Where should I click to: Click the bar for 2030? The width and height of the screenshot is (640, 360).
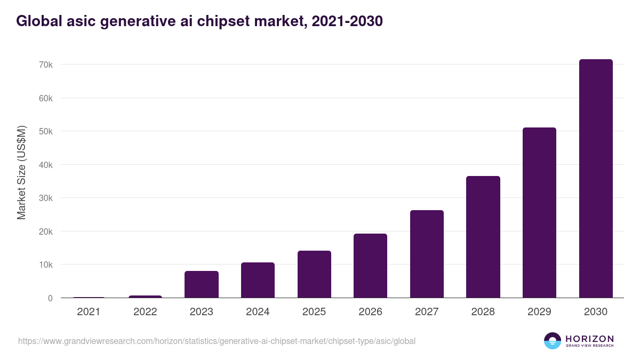[596, 179]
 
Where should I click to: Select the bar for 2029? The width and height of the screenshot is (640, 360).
[539, 213]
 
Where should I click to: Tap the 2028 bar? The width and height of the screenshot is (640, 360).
[483, 237]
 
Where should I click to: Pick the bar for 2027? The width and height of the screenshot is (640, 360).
[427, 254]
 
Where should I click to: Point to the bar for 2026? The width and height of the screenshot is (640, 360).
[370, 266]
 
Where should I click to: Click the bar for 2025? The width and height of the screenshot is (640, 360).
[314, 274]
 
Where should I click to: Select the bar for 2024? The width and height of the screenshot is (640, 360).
[258, 280]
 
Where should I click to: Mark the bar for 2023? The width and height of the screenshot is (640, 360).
[202, 284]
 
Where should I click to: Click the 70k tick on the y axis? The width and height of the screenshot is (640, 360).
[46, 65]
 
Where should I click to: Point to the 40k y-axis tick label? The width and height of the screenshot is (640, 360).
[46, 165]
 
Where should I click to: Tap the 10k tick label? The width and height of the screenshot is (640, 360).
[46, 265]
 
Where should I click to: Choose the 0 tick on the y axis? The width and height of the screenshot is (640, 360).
[50, 298]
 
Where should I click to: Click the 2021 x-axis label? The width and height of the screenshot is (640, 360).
[89, 312]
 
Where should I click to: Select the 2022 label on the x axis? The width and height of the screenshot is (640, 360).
[145, 312]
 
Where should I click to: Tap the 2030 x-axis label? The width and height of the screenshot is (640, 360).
[596, 312]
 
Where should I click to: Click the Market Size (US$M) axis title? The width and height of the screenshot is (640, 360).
[21, 173]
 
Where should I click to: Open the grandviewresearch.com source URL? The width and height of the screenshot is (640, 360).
[217, 341]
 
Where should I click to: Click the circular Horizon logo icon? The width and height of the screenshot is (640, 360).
[553, 341]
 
